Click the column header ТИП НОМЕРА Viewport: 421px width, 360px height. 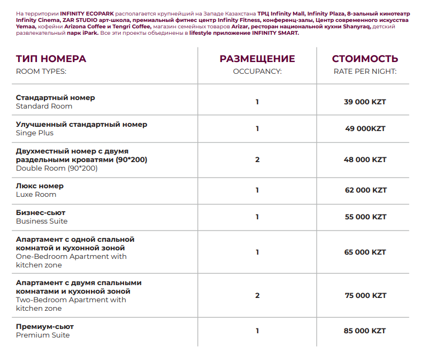[51, 59]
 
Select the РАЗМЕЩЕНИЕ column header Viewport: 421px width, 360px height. [257, 59]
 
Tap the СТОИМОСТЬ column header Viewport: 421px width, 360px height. [365, 59]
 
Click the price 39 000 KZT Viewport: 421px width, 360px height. [365, 102]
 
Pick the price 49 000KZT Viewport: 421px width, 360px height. [365, 128]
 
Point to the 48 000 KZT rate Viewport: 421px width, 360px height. [365, 159]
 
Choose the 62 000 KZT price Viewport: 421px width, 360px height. [365, 190]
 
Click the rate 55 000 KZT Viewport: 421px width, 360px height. [365, 217]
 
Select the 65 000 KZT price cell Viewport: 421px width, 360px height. [365, 252]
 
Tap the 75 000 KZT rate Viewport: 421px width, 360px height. [365, 295]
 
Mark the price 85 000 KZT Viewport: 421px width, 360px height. [365, 331]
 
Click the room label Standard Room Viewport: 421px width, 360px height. [44, 106]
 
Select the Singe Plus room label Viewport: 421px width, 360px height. [35, 133]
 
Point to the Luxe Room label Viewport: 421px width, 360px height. [36, 195]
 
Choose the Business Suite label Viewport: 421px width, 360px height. [42, 221]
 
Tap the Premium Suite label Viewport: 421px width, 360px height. [43, 335]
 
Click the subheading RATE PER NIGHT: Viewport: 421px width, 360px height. [365, 71]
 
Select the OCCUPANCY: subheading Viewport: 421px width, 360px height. [257, 71]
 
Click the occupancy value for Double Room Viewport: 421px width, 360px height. [257, 159]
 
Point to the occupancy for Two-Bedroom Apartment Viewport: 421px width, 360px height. [257, 295]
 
